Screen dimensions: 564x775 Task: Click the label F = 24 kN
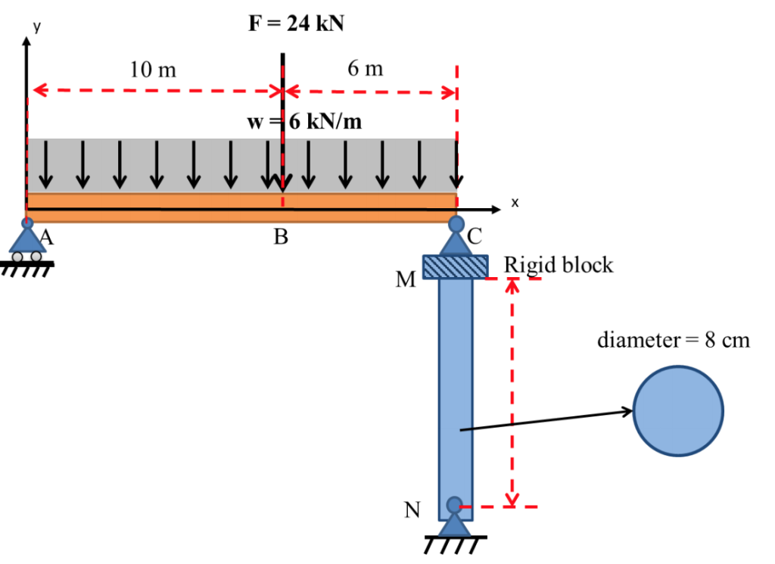pos(296,23)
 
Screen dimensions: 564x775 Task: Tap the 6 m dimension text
pos(366,69)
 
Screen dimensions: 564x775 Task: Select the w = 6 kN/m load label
pos(303,122)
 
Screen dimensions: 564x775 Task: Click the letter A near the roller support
pos(47,238)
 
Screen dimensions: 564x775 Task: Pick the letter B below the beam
pos(281,238)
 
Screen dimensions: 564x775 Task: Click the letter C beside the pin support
pos(474,236)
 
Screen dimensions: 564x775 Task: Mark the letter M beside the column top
pos(406,281)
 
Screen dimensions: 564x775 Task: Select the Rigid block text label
pos(559,265)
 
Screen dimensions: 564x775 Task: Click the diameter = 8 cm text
pos(674,340)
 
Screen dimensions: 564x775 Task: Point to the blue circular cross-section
pos(678,411)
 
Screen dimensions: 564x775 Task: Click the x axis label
pos(515,202)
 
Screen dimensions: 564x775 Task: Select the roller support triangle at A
pos(27,241)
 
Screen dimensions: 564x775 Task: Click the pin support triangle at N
pos(454,524)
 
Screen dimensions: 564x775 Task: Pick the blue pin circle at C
pos(456,224)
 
